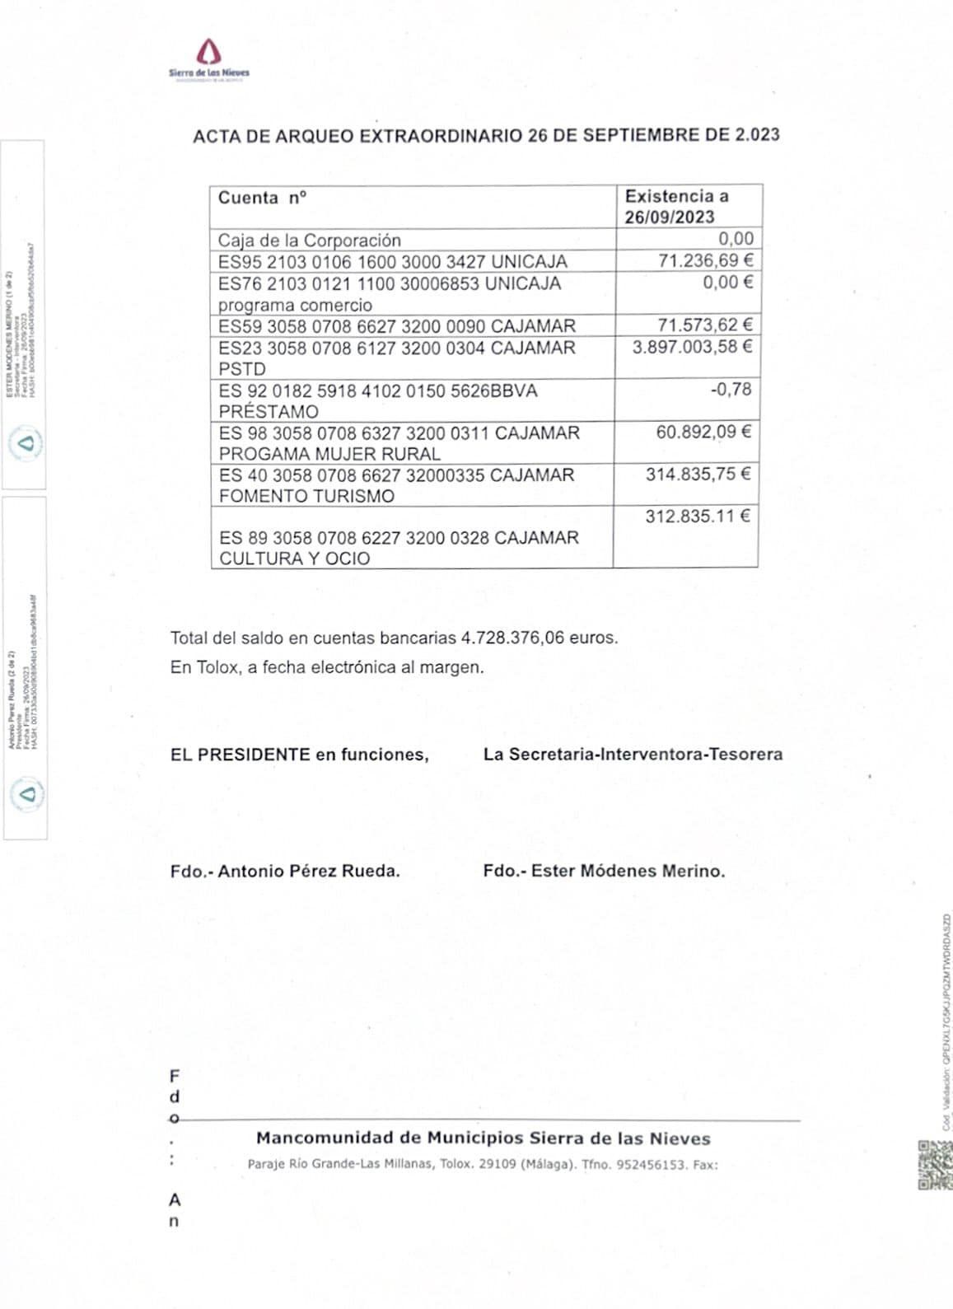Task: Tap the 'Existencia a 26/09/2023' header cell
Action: pos(676,207)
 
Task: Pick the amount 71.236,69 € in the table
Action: pos(705,261)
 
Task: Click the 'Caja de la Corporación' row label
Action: pos(309,241)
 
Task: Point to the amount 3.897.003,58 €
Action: pos(692,347)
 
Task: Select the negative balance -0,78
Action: pos(731,389)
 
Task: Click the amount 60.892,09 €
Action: pos(703,432)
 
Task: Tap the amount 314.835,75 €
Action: pos(698,474)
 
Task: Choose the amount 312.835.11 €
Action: pos(698,517)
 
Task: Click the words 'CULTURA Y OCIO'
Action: pos(294,559)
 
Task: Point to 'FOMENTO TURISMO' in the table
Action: pos(306,496)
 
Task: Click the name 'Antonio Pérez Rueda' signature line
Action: pos(308,871)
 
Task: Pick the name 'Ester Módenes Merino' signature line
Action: pos(627,871)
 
